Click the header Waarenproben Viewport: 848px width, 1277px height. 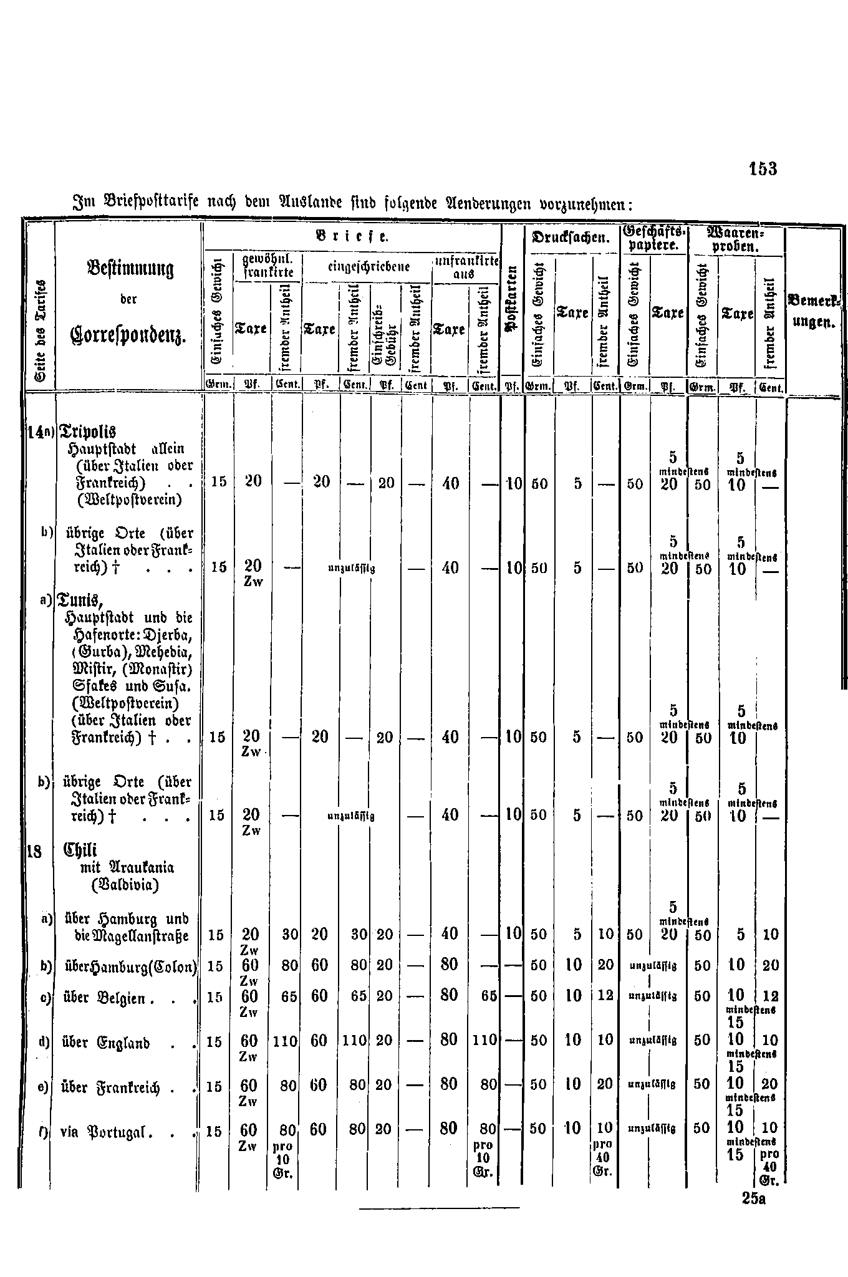tap(736, 239)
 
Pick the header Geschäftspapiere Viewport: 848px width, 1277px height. tap(653, 239)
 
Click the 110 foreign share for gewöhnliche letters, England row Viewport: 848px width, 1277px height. tap(285, 1041)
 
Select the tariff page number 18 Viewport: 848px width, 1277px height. tap(34, 851)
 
